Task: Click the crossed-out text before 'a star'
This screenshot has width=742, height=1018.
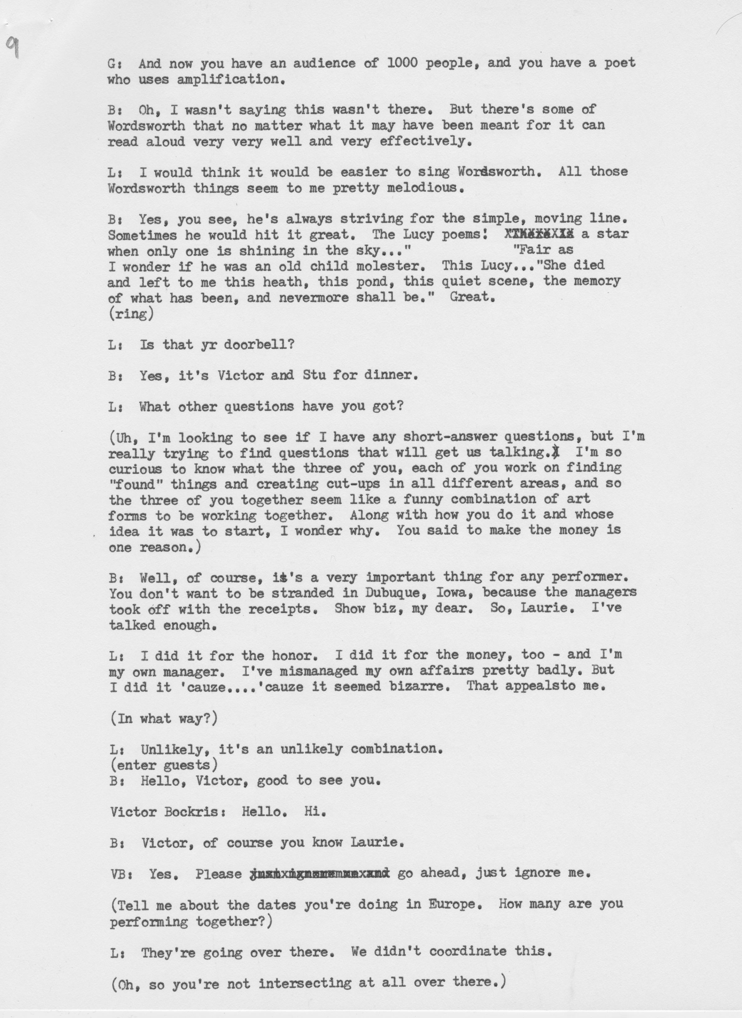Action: pos(539,234)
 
